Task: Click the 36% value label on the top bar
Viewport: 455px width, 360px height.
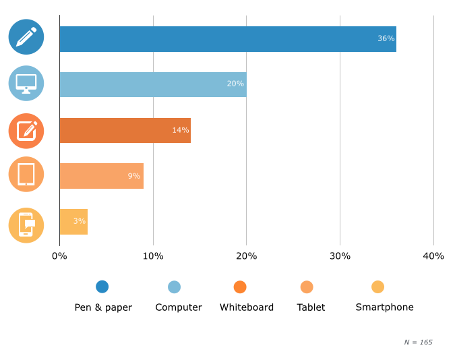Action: click(x=386, y=38)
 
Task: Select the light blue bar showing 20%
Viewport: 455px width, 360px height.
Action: click(x=152, y=84)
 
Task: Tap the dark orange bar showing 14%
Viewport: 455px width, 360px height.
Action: click(x=125, y=130)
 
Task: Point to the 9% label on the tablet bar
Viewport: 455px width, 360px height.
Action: click(x=134, y=176)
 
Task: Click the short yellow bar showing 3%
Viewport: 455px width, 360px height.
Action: click(x=73, y=222)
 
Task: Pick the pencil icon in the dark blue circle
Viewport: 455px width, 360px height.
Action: click(x=26, y=37)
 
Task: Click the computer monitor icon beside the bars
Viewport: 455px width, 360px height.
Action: click(x=26, y=84)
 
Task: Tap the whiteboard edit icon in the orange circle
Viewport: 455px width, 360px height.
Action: click(x=26, y=131)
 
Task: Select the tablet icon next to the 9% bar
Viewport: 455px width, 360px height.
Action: click(x=26, y=175)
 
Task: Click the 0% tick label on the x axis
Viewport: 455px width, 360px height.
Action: click(x=59, y=256)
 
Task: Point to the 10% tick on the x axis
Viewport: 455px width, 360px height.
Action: click(x=153, y=256)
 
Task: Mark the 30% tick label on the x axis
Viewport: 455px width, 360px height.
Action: click(x=340, y=256)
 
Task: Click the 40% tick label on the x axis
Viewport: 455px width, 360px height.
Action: click(x=433, y=256)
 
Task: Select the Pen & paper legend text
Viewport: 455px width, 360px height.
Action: click(x=103, y=307)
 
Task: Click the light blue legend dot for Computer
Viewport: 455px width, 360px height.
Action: click(x=174, y=287)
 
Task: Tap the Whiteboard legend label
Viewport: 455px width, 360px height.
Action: click(x=247, y=307)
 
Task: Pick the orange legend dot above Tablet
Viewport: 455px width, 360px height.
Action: click(x=307, y=287)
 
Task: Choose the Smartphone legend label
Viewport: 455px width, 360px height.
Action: click(x=384, y=307)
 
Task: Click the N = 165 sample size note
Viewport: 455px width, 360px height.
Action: click(x=418, y=342)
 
